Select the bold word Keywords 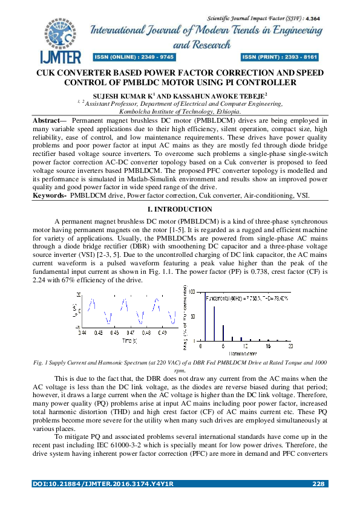point(48,195)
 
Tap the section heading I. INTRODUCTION point(180,209)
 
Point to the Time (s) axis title point(129,340)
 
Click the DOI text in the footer point(102,484)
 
